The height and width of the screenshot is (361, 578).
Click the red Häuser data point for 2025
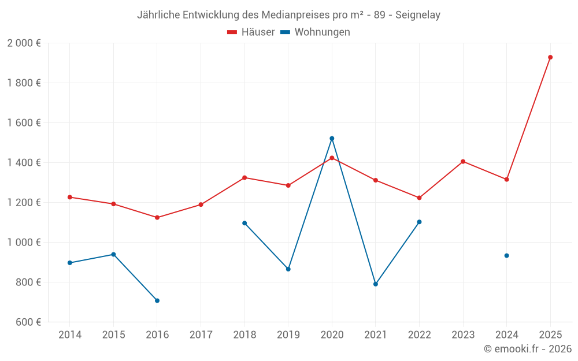pos(550,57)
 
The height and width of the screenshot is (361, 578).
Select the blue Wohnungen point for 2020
pos(332,139)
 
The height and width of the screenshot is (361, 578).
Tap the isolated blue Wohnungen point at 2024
pos(506,255)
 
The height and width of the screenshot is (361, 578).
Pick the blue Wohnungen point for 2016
pos(157,300)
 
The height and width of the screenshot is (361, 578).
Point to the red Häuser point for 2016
pos(157,218)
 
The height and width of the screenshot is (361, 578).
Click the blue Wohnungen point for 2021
pos(376,284)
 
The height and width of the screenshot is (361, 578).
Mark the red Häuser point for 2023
pos(463,162)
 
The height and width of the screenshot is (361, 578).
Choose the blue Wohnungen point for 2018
pos(244,223)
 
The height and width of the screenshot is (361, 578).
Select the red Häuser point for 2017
pos(201,204)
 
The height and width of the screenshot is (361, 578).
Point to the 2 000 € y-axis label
pos(24,43)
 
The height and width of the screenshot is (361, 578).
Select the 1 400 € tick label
pos(24,163)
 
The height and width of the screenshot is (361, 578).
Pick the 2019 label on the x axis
pos(288,335)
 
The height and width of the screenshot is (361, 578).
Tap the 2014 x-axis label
pos(70,335)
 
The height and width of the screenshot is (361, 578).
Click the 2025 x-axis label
pos(550,335)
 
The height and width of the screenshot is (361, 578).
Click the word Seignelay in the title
pos(417,15)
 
